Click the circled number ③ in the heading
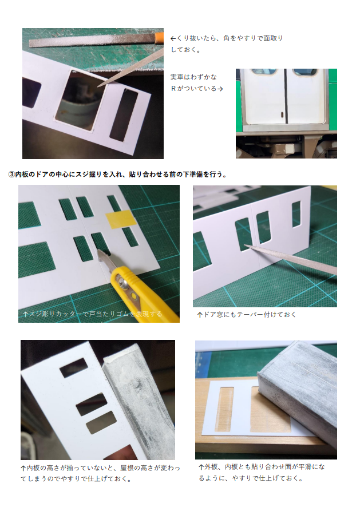[11, 175]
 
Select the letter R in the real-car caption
[173, 89]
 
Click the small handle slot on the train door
[282, 115]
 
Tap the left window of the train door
[264, 72]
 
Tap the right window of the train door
[304, 72]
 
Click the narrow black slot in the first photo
[124, 116]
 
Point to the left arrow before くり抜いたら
[173, 38]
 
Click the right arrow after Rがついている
[220, 89]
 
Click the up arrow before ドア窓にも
[200, 315]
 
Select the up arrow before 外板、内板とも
[201, 467]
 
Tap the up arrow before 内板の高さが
[23, 468]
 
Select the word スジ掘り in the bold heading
[89, 175]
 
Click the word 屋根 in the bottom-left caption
[127, 468]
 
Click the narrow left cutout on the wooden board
[225, 409]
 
